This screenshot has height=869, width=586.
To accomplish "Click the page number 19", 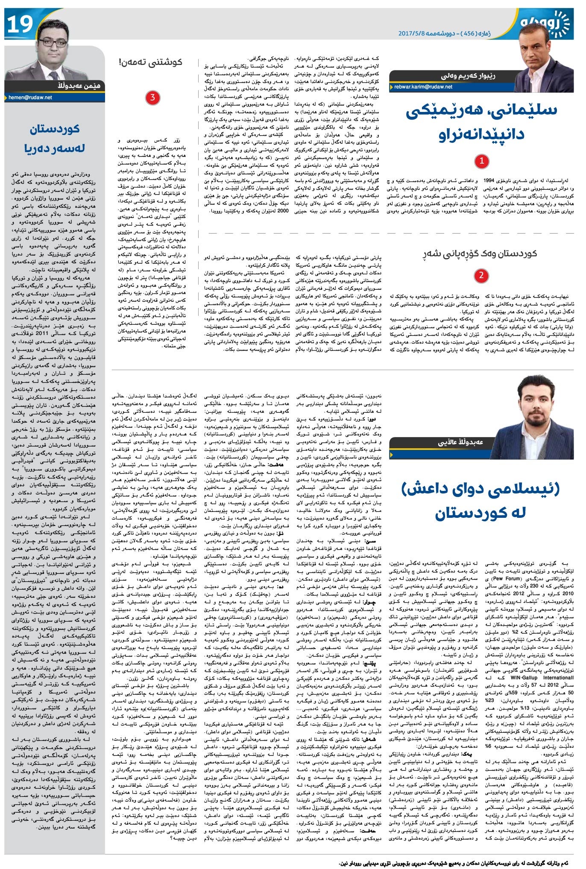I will (20, 25).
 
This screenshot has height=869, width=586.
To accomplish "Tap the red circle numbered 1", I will (482, 161).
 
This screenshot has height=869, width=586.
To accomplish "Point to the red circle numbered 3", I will (152, 98).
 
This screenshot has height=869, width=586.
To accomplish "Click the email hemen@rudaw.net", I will (30, 97).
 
